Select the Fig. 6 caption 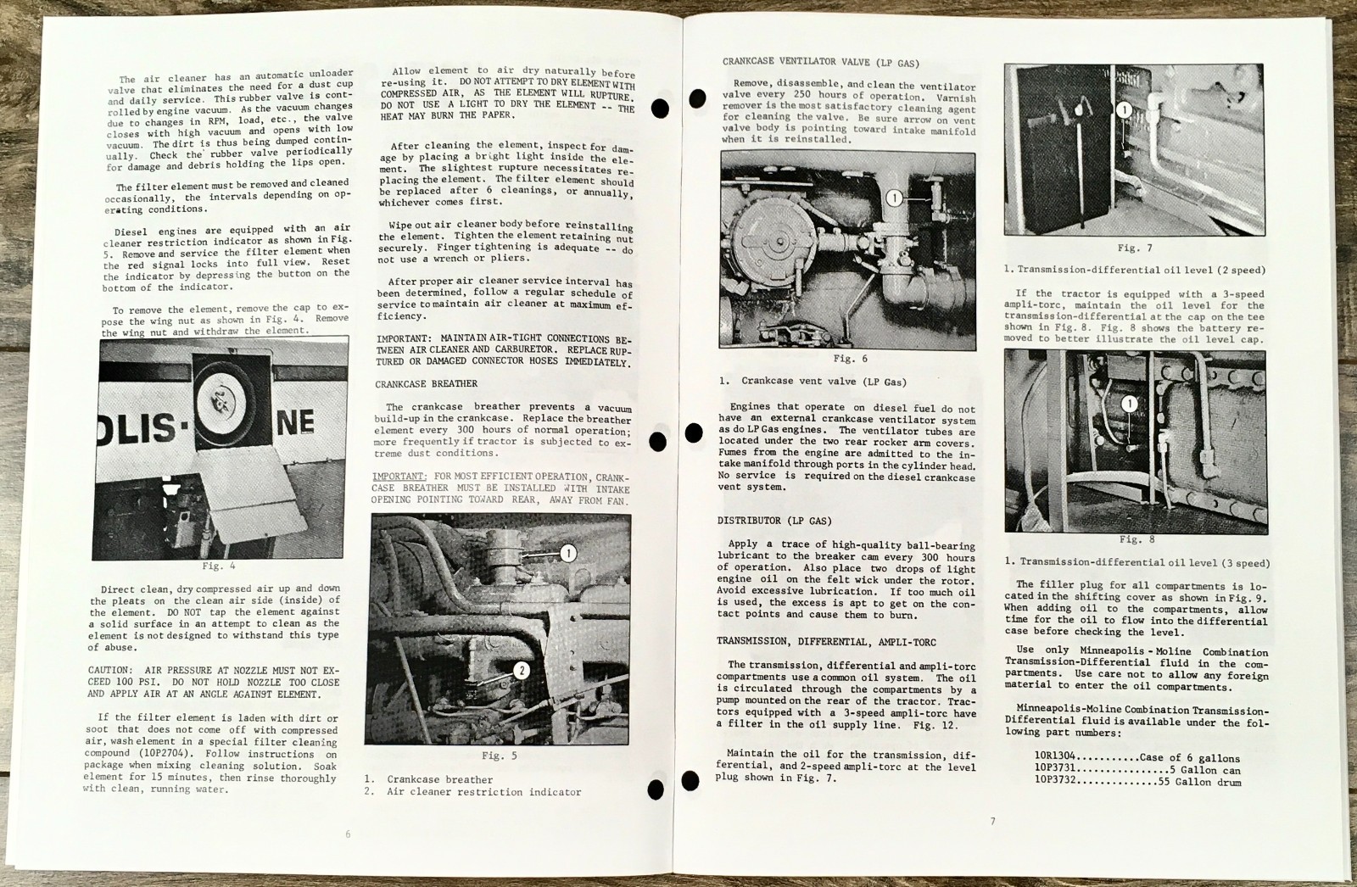tap(850, 359)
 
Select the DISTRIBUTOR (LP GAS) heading tap(774, 521)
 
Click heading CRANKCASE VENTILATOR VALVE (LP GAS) tap(820, 62)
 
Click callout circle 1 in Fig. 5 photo tap(567, 553)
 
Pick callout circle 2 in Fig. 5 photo tap(522, 671)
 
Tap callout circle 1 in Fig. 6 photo tap(894, 198)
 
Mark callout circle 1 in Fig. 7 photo tap(1123, 109)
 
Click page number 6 tap(348, 834)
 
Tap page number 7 tap(991, 821)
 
